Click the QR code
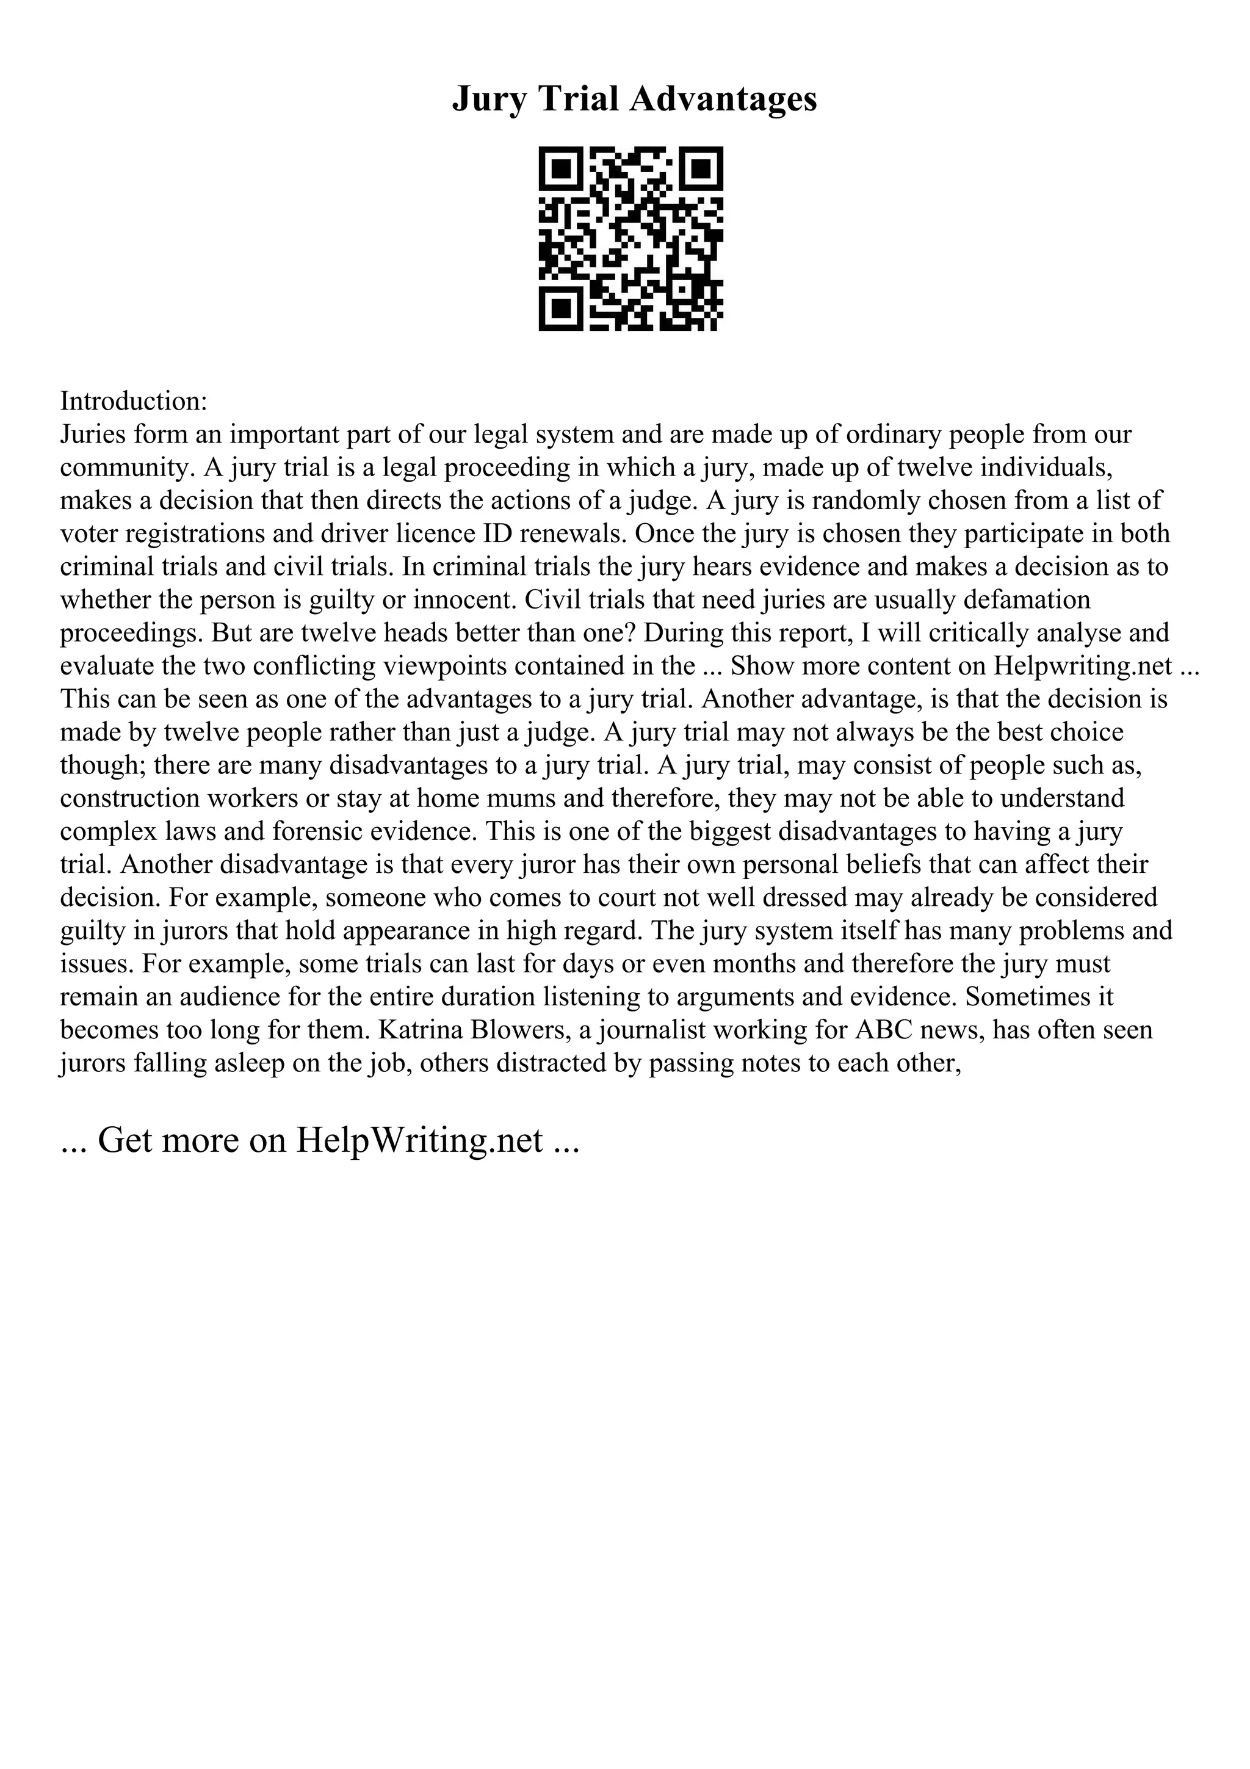(x=630, y=238)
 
